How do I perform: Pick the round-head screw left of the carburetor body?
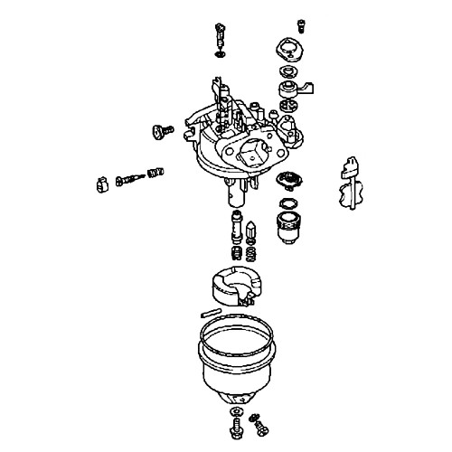(x=161, y=133)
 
